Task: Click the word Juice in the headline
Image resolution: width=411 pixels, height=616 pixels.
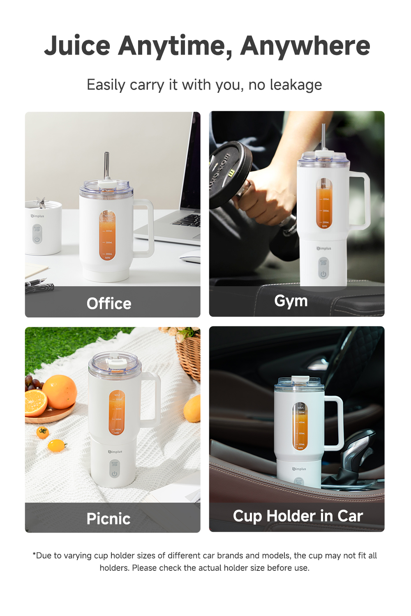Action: pyautogui.click(x=77, y=46)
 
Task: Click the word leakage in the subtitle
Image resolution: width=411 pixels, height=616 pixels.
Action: pyautogui.click(x=296, y=85)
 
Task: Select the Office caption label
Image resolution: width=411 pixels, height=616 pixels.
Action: pyautogui.click(x=109, y=303)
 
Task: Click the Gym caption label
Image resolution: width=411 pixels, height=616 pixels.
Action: pyautogui.click(x=291, y=301)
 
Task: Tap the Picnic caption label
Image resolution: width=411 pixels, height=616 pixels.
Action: pyautogui.click(x=109, y=519)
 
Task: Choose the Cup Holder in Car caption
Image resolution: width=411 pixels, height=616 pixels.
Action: pyautogui.click(x=298, y=516)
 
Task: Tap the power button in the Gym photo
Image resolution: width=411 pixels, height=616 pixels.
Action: pyautogui.click(x=323, y=274)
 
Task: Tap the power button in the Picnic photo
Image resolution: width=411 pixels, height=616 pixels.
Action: pyautogui.click(x=115, y=473)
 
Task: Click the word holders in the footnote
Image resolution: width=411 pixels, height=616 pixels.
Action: pyautogui.click(x=114, y=568)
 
